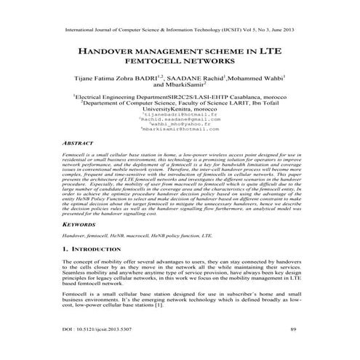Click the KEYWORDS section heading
(81, 226)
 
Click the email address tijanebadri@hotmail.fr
(180, 113)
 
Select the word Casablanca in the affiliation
(243, 96)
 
